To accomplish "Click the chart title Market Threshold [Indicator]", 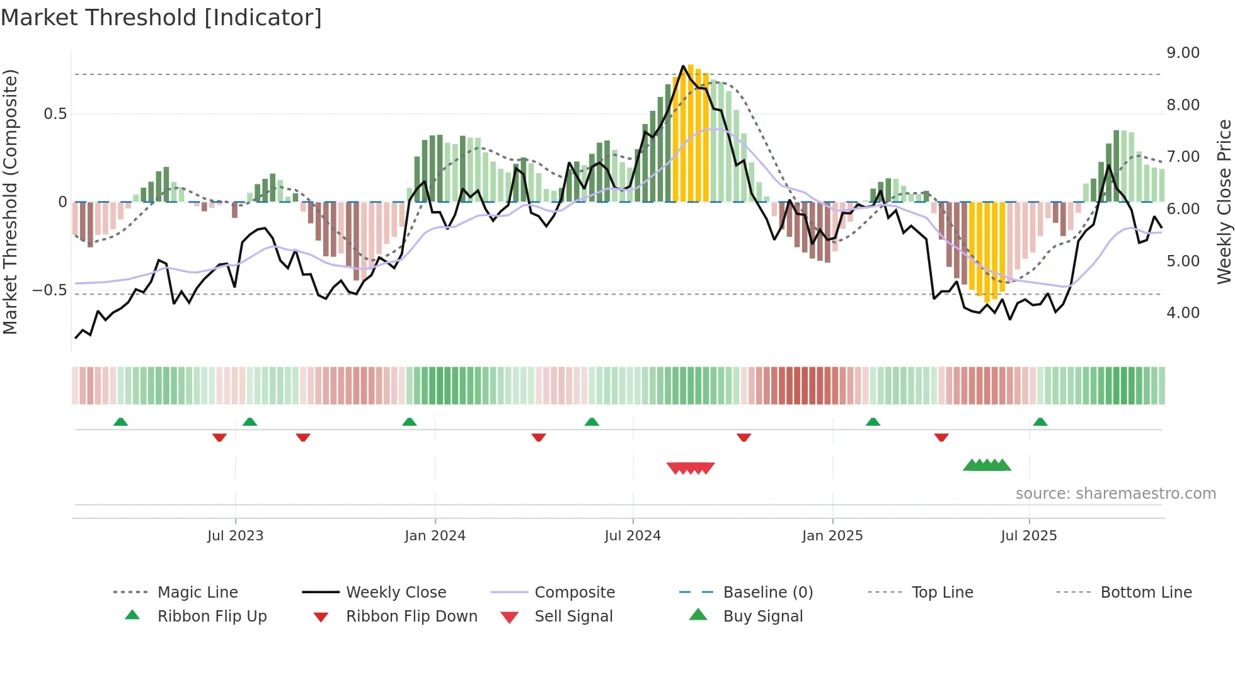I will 161,18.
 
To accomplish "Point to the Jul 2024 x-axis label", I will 633,536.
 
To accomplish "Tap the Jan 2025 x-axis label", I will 832,536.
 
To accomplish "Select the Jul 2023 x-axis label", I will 235,536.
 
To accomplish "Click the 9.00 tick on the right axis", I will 1183,53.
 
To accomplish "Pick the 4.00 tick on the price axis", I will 1183,313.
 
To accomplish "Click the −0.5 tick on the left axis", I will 49,290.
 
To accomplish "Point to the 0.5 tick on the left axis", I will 55,114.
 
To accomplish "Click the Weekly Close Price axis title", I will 1224,202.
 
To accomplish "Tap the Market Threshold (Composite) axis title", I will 10,202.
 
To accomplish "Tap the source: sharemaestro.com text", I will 1115,494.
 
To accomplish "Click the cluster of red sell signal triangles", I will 691,468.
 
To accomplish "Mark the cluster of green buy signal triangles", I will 987,465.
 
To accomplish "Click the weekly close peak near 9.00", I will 683,66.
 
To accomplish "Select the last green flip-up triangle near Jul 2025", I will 1040,422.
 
